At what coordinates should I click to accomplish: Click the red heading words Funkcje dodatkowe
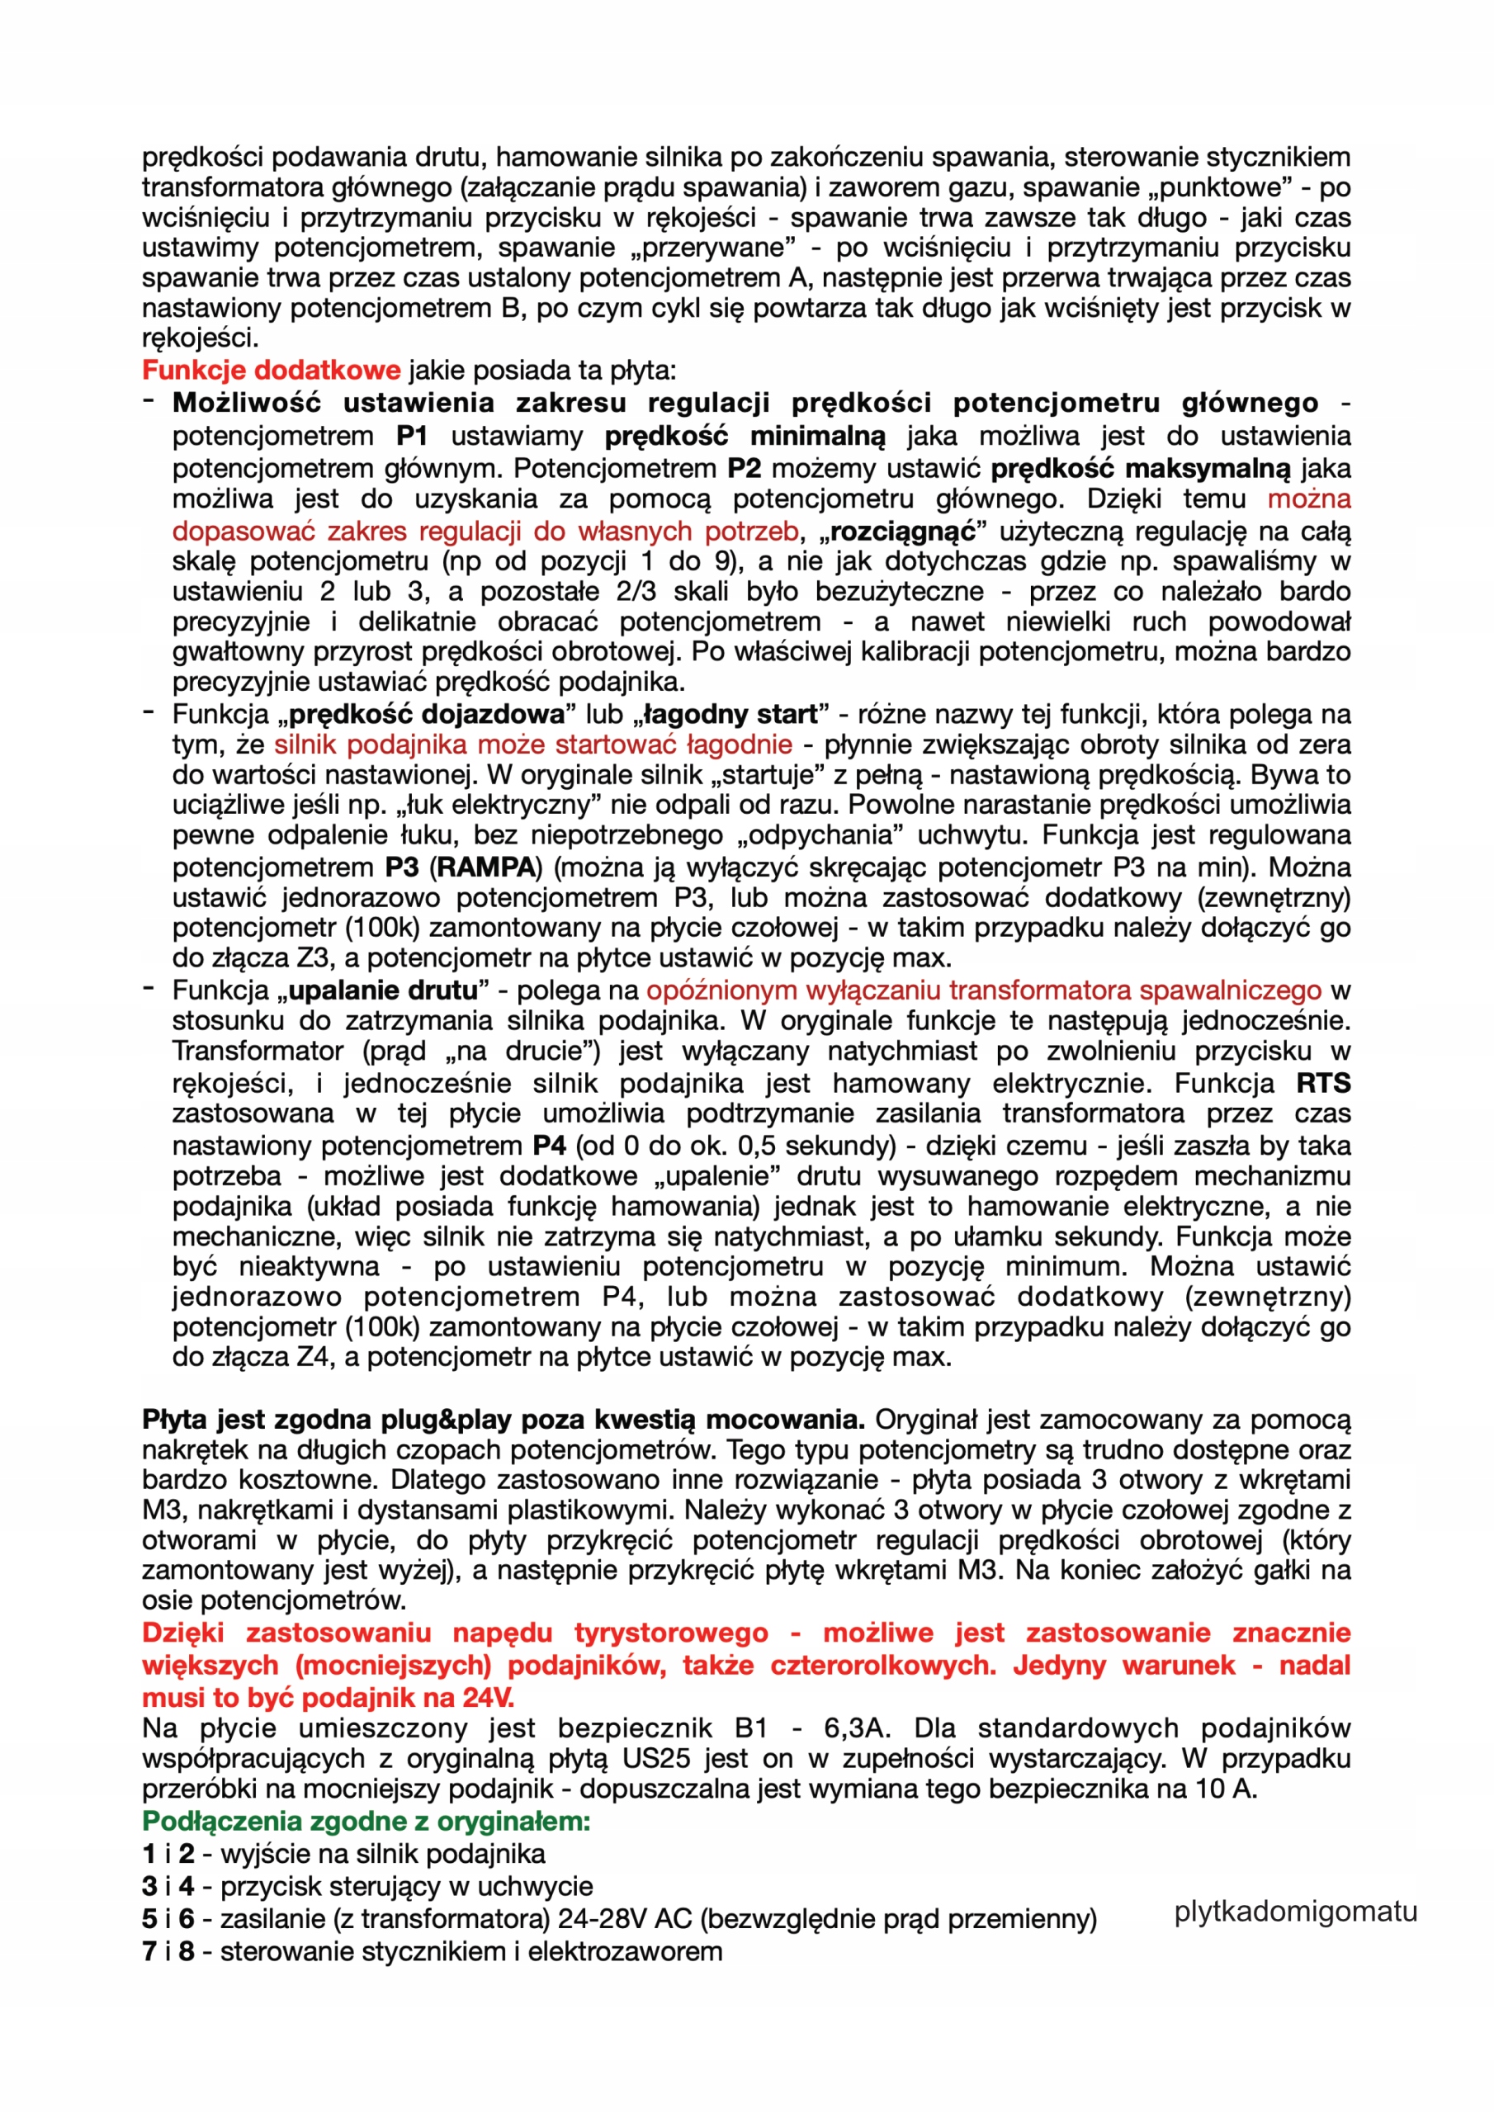click(272, 370)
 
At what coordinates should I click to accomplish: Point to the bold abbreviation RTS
click(1323, 1083)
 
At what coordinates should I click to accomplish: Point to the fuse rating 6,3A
click(856, 1728)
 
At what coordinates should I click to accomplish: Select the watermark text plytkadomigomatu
click(1295, 1912)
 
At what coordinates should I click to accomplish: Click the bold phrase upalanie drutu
click(383, 990)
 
